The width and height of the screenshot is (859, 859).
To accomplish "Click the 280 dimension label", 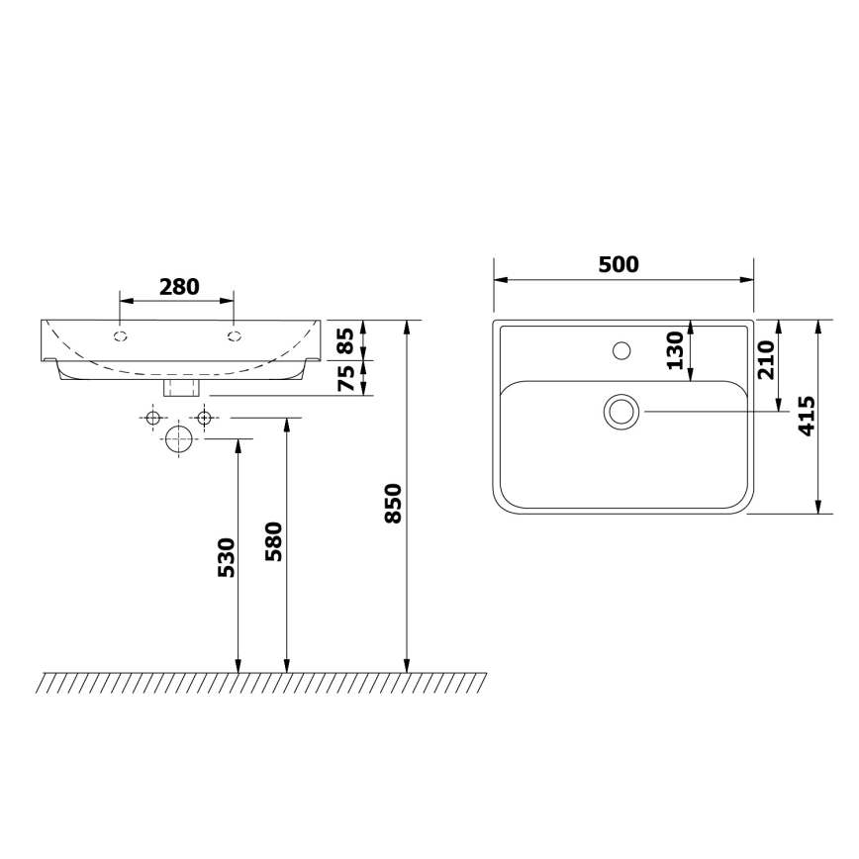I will coord(179,287).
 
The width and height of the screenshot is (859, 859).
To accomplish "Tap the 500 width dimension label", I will coord(619,264).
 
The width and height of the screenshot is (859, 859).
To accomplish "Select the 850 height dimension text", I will coord(393,504).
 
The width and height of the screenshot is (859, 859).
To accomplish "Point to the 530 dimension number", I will coord(226,558).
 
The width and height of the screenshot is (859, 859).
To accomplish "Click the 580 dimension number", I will coord(274,542).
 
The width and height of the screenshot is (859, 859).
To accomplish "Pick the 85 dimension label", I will coord(346,341).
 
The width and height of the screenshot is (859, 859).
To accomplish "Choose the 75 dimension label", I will coord(346,378).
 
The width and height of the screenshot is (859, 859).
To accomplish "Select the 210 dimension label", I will coord(763,361).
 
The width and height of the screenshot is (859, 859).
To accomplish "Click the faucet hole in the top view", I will coord(621,349).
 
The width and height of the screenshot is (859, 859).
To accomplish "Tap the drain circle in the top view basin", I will coord(621,411).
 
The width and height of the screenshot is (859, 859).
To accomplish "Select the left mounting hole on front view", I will coord(121,336).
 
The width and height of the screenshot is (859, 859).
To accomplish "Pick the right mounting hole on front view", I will coord(234,336).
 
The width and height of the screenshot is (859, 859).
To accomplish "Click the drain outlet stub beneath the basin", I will coord(180,386).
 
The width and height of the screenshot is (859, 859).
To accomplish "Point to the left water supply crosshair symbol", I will coord(152,418).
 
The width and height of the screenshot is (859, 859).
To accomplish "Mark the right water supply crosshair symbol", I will coord(205,418).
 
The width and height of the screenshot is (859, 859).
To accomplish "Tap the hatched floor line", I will coord(262,682).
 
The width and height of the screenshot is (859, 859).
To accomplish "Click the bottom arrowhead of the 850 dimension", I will coord(407,665).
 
